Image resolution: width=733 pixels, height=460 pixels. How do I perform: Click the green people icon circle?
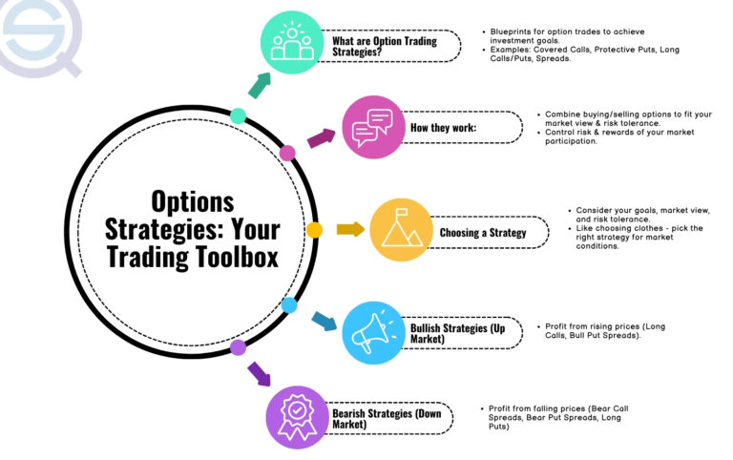[x=292, y=44]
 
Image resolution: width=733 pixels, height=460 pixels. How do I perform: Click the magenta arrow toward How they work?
[x=321, y=139]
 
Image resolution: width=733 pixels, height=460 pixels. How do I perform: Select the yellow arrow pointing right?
[x=350, y=229]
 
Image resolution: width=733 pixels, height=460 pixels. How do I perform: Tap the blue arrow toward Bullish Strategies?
[x=324, y=321]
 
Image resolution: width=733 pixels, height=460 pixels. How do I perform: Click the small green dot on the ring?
[x=238, y=116]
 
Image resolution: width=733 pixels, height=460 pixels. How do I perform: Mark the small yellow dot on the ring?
[x=314, y=230]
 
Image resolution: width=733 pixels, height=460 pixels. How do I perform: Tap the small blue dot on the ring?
[x=289, y=305]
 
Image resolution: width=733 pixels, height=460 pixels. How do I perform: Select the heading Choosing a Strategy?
[x=482, y=232]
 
